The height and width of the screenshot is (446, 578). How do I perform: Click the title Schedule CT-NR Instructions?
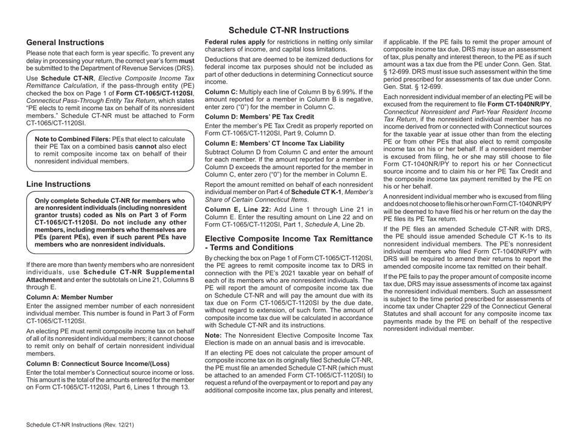[x=288, y=30]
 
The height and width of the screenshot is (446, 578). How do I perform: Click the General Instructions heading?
[x=66, y=43]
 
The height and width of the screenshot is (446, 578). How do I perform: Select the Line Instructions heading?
[x=59, y=184]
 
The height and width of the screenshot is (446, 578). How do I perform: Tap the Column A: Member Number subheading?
[x=70, y=297]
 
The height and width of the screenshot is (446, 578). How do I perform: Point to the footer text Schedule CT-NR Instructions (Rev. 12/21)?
[x=82, y=425]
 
